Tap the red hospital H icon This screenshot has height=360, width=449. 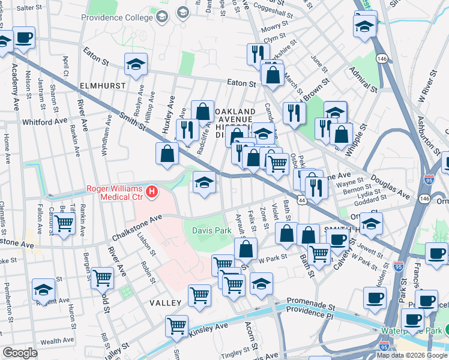click(x=152, y=193)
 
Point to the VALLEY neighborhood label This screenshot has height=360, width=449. click(x=166, y=304)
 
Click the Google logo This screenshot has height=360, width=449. click(x=20, y=353)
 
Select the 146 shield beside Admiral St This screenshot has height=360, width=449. click(x=382, y=58)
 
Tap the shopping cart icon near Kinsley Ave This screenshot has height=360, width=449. click(x=177, y=326)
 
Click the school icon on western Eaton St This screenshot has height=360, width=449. click(x=136, y=65)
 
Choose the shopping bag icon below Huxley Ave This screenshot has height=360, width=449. click(x=167, y=153)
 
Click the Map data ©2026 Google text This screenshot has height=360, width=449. click(x=411, y=355)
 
